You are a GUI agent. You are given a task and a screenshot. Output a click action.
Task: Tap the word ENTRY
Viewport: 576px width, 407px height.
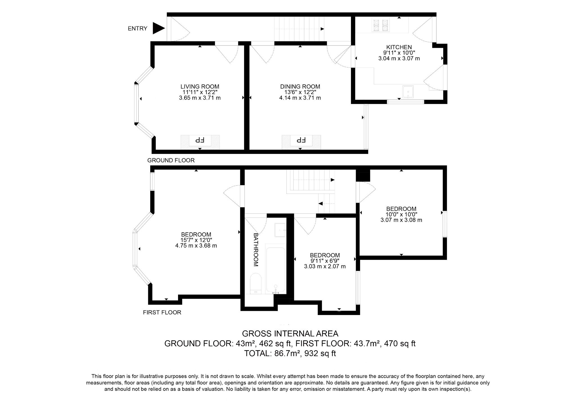137,28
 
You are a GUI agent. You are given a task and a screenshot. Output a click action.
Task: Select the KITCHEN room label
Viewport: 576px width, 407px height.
399,47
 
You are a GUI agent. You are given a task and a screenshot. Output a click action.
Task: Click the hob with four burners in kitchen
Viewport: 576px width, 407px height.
381,25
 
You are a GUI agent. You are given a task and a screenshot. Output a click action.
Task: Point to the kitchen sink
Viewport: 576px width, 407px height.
408,92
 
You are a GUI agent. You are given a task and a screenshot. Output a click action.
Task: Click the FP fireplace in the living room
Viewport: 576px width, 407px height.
200,140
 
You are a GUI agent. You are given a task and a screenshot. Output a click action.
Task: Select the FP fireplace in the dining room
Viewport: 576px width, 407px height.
301,140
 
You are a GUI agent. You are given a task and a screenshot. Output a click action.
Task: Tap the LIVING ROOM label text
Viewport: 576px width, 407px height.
200,87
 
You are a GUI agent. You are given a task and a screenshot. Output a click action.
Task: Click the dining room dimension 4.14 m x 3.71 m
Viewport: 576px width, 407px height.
300,98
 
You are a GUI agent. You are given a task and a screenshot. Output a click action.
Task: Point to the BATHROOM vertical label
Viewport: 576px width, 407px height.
256,250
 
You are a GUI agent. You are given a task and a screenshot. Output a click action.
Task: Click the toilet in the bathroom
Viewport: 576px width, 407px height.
255,283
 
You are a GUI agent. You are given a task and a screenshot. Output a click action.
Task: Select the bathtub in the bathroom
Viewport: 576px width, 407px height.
276,269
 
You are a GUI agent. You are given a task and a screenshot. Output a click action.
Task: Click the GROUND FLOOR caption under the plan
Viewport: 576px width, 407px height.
171,160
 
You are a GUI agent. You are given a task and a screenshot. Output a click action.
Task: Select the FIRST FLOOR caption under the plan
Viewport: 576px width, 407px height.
162,312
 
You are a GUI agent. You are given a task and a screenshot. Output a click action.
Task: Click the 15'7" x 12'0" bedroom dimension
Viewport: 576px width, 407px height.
196,240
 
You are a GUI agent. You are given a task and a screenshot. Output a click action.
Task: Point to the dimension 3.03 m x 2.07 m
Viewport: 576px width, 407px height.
325,266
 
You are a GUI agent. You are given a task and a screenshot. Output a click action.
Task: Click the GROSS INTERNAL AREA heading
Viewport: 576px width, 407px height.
290,334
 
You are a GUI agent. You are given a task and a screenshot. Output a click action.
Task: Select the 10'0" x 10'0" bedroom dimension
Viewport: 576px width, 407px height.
401,214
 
